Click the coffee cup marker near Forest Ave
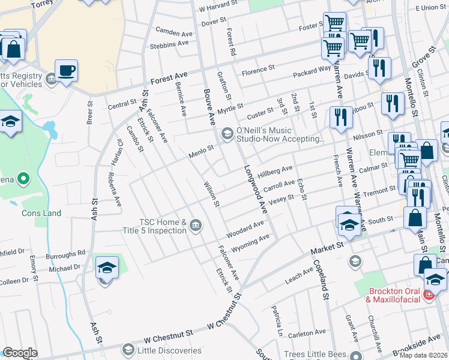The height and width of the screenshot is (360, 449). [66, 71]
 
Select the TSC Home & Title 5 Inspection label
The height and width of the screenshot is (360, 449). [163, 226]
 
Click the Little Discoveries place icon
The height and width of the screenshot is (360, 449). [127, 350]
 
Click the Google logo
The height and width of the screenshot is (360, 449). [20, 353]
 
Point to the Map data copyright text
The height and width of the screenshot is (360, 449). [423, 355]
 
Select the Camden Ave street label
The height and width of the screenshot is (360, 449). [172, 30]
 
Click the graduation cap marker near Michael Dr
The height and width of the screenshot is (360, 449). [107, 268]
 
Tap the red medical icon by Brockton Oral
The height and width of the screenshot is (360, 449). [429, 295]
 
